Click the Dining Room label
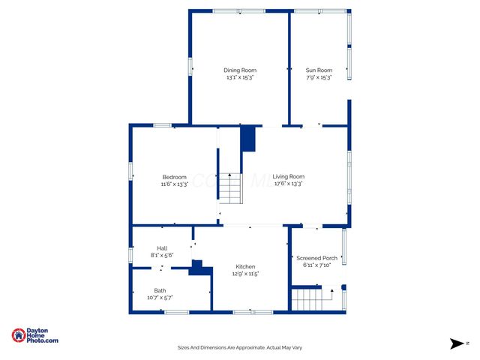tap(240, 70)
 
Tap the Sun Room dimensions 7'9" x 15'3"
tap(319, 77)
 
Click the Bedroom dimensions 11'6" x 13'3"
tap(174, 184)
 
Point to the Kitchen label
tap(245, 267)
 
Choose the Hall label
tap(162, 248)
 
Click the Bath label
tap(160, 291)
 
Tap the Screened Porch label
tap(316, 258)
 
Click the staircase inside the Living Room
tap(232, 188)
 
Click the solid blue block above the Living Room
tap(247, 139)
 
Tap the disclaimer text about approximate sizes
tap(239, 347)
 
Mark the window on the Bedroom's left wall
tap(130, 170)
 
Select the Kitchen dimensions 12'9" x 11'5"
tap(245, 274)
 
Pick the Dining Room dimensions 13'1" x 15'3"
tap(240, 77)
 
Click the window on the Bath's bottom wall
tap(176, 311)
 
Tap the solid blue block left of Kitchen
tap(198, 268)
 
